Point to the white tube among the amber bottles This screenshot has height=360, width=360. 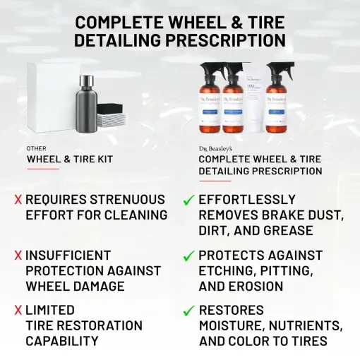coord(255,99)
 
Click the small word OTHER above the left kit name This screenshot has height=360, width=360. coord(37,149)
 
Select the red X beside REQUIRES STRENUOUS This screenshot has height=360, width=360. coord(18,200)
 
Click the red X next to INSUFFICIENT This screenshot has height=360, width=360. coord(18,256)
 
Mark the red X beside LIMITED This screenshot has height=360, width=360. coord(18,311)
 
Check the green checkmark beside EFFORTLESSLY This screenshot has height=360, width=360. coord(188,201)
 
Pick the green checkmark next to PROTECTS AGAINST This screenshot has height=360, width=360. coord(188,256)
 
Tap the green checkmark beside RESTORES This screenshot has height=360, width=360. coord(188,311)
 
